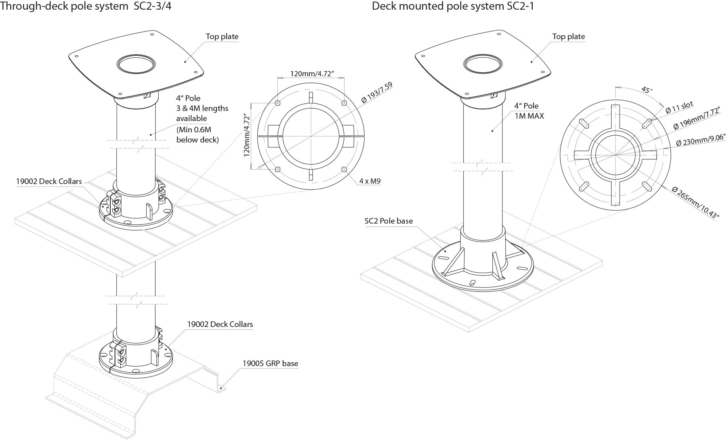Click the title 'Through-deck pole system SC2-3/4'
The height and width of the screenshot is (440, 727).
[x=86, y=6]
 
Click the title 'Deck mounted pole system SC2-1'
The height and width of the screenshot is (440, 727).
[x=453, y=6]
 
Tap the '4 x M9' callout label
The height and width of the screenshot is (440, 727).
[x=370, y=181]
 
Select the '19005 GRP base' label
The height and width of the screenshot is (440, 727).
[x=270, y=363]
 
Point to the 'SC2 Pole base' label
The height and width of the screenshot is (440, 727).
[x=389, y=221]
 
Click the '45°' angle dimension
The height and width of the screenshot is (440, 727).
[x=647, y=90]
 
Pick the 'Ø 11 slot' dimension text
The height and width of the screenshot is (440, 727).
[x=680, y=107]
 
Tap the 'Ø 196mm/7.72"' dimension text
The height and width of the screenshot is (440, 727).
[x=697, y=119]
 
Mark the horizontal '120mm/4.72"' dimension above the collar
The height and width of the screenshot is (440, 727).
[x=312, y=74]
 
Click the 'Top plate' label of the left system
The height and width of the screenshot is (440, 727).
[x=222, y=36]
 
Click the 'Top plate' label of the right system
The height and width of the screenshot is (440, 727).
[x=568, y=36]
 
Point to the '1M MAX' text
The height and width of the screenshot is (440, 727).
[x=529, y=116]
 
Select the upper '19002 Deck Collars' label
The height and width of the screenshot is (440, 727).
[x=49, y=181]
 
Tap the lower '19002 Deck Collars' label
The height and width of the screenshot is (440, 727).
[x=220, y=324]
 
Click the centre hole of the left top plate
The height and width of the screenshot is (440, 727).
[x=136, y=64]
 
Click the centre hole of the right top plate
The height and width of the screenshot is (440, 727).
[x=483, y=64]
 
